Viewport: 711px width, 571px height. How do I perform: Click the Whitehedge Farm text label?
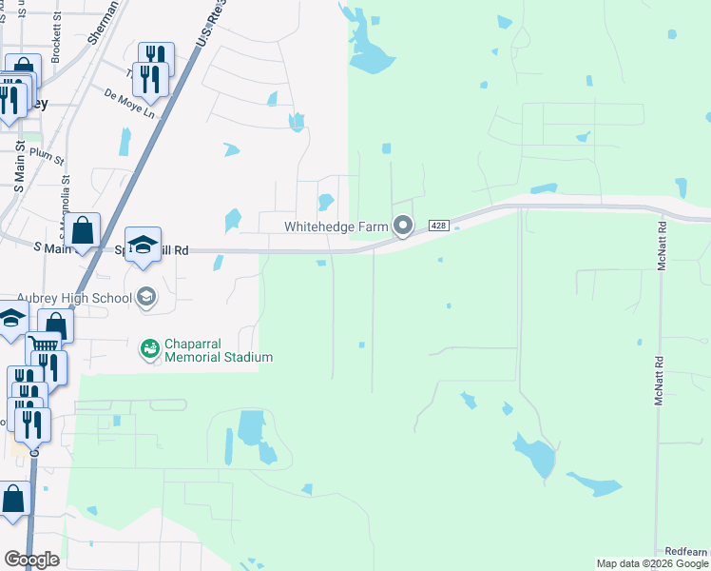[337, 226]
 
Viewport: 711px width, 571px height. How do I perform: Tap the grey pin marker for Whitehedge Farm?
[403, 226]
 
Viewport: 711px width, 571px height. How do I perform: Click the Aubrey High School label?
[74, 298]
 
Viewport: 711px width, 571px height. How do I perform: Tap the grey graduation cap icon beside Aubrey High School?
[145, 298]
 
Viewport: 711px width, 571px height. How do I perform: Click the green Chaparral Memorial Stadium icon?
[149, 349]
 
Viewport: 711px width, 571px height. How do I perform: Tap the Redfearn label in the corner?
[686, 552]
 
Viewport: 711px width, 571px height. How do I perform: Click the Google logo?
[31, 560]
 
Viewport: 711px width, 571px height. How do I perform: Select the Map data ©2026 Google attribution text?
[653, 564]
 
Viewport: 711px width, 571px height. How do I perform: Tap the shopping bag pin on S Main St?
[84, 230]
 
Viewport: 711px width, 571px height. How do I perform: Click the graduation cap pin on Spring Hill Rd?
[143, 244]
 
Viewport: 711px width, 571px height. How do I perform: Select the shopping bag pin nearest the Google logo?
[13, 499]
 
